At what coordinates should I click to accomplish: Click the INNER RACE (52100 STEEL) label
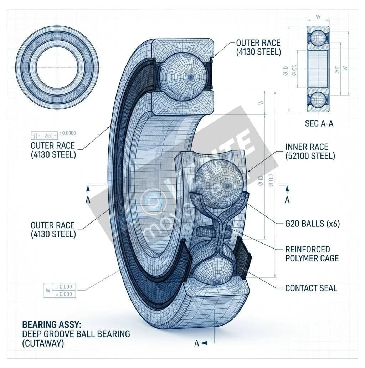pyautogui.click(x=310, y=151)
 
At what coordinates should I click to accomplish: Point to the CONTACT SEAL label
pyautogui.click(x=311, y=288)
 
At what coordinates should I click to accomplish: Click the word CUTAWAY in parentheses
pyautogui.click(x=42, y=343)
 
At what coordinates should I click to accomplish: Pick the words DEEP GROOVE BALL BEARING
pyautogui.click(x=76, y=334)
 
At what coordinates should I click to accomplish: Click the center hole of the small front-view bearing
pyautogui.click(x=57, y=68)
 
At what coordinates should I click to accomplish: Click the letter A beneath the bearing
pyautogui.click(x=196, y=343)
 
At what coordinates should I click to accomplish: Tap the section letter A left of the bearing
pyautogui.click(x=88, y=200)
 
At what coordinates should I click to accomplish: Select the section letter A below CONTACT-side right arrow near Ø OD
pyautogui.click(x=287, y=200)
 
